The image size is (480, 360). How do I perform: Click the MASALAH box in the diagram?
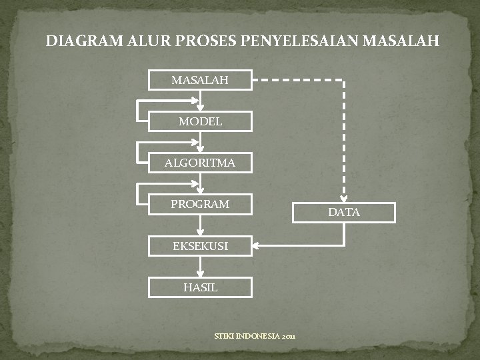pyautogui.click(x=200, y=80)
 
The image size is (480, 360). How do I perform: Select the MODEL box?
pyautogui.click(x=200, y=121)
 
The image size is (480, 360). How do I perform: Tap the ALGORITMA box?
pyautogui.click(x=200, y=163)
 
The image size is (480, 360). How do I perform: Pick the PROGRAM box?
pyautogui.click(x=200, y=204)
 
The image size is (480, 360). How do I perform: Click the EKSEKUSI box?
pyautogui.click(x=200, y=246)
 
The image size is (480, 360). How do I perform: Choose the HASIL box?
pyautogui.click(x=200, y=287)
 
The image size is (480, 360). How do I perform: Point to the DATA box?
pyautogui.click(x=344, y=212)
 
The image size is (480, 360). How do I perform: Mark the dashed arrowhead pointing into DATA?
pyautogui.click(x=344, y=197)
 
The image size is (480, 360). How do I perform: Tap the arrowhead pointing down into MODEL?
pyautogui.click(x=200, y=107)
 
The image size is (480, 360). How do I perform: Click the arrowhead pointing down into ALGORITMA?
pyautogui.click(x=200, y=148)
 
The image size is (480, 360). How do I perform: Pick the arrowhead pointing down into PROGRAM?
pyautogui.click(x=200, y=190)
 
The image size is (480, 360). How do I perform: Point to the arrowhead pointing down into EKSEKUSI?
pyautogui.click(x=200, y=231)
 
